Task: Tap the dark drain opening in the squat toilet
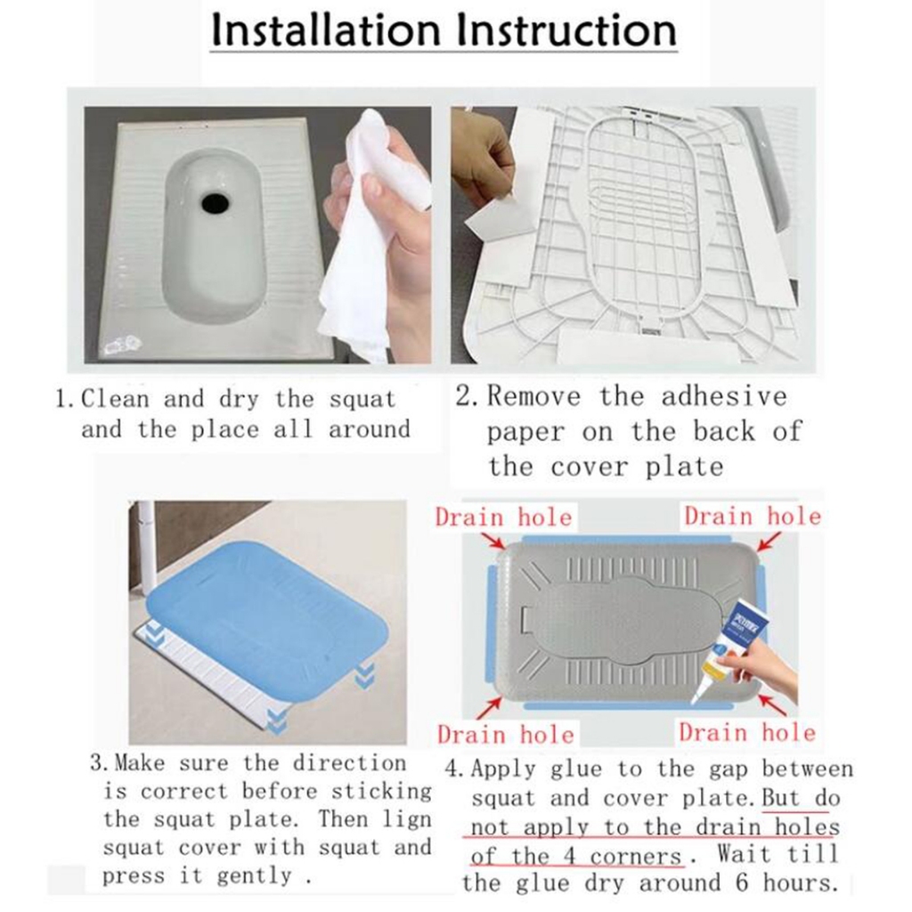pos(216,202)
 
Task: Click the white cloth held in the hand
pos(372,232)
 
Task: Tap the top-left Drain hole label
pos(504,517)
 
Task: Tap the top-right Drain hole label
pos(753,516)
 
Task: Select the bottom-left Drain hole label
pos(506,735)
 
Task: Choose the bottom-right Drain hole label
pos(747,732)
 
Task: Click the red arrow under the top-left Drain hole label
pos(493,541)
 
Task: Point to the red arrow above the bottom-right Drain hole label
pos(771,704)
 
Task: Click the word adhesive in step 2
pos(724,396)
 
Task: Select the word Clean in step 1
pos(115,399)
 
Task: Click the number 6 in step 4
pos(741,883)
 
